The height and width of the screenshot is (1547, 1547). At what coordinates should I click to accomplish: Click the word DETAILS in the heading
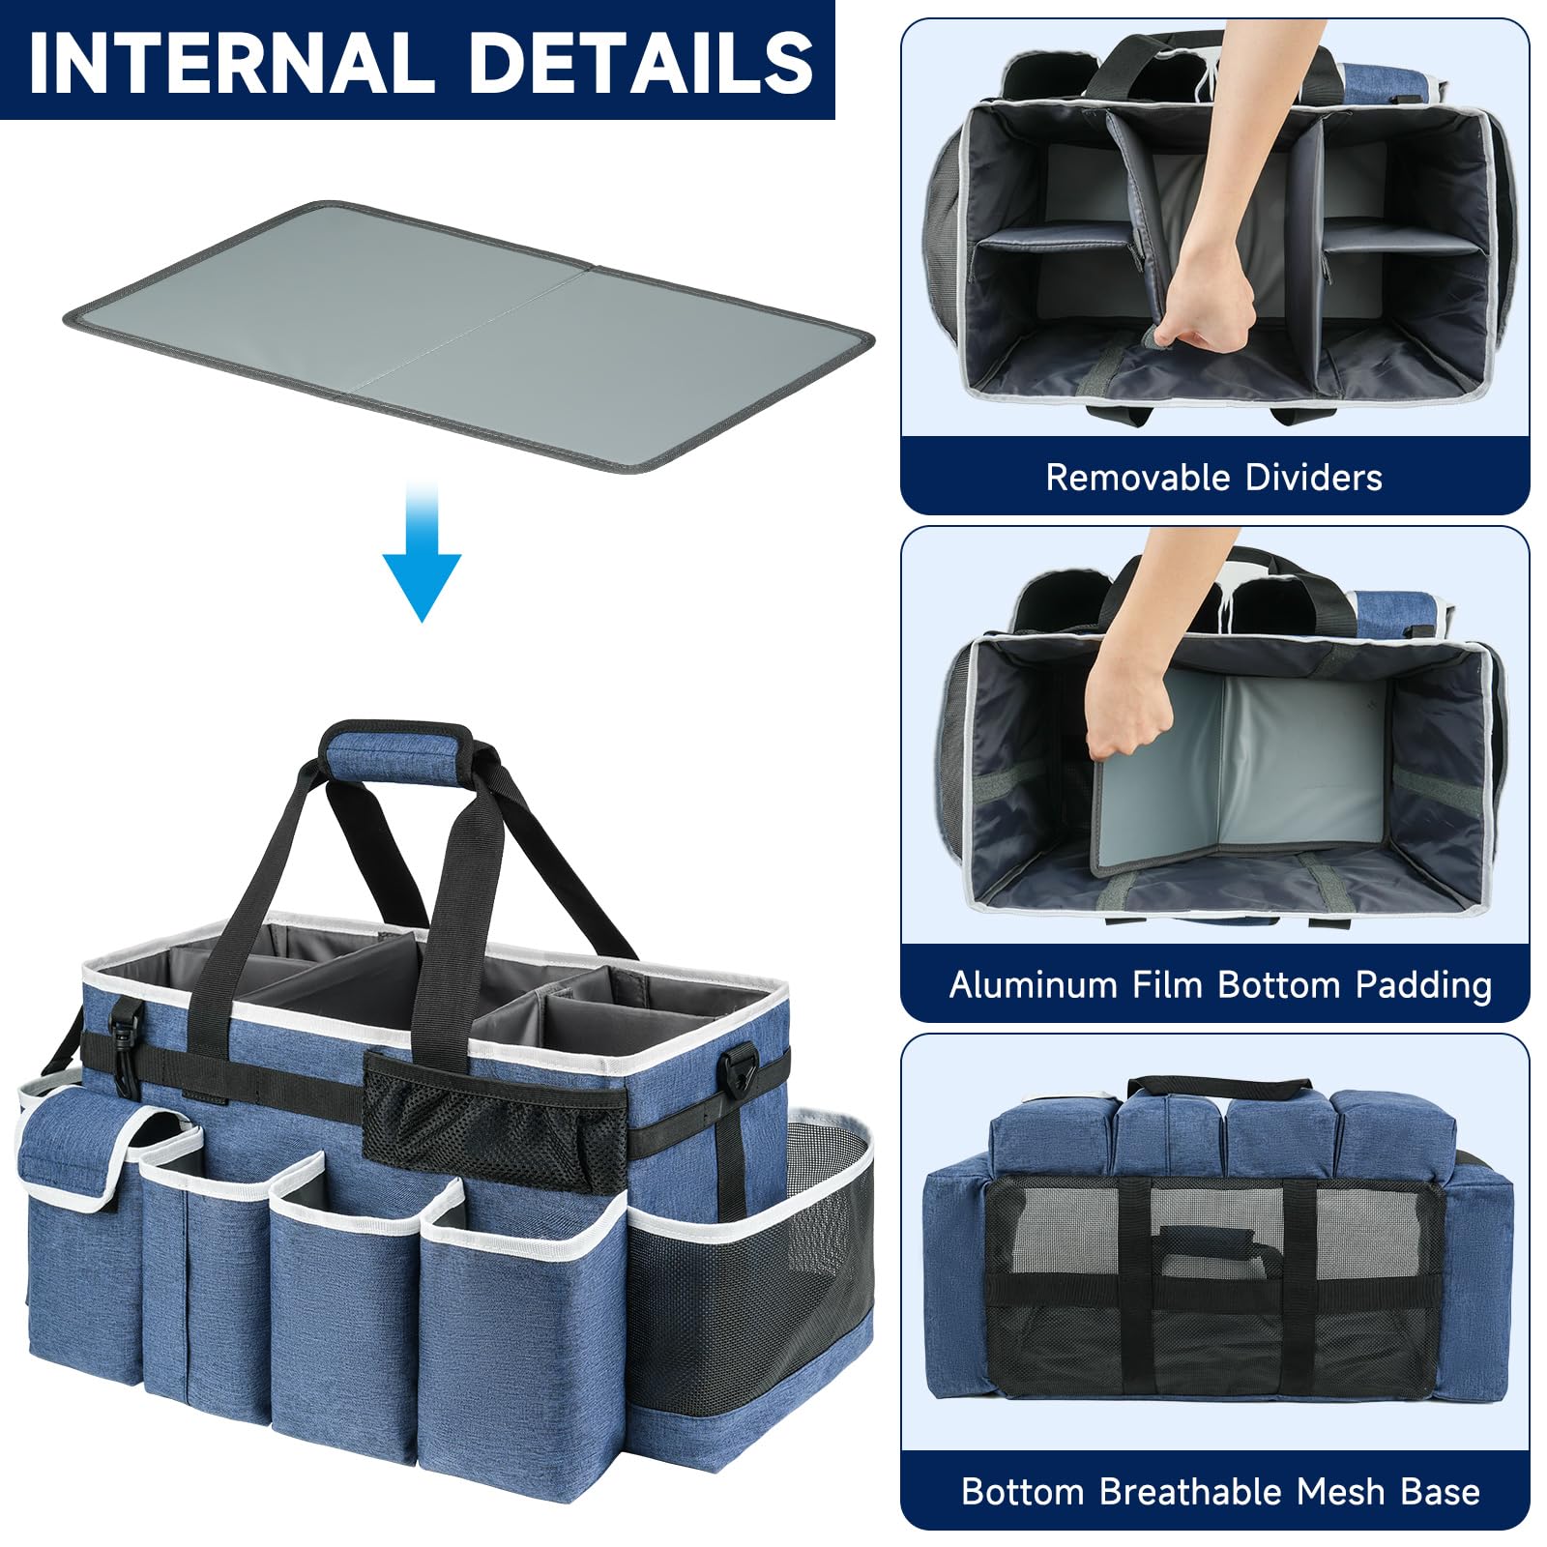click(641, 63)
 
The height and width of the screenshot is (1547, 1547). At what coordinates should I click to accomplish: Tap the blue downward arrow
click(422, 551)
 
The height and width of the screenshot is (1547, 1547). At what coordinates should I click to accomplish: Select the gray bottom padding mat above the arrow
click(469, 336)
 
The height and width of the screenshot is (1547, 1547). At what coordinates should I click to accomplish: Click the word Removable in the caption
click(1138, 478)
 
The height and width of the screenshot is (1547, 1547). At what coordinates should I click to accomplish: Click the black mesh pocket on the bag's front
click(493, 1122)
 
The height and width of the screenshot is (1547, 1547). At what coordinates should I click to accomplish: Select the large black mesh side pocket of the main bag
click(749, 1276)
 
